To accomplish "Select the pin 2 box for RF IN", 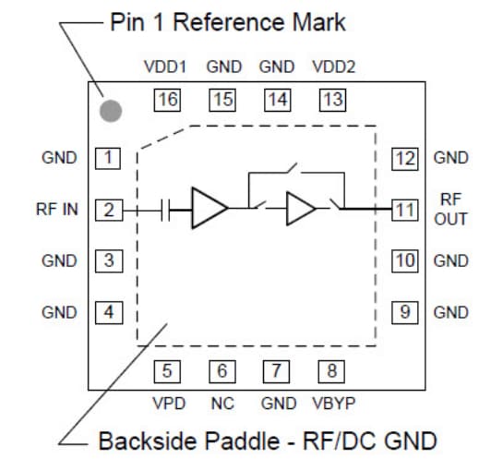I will click(x=109, y=210).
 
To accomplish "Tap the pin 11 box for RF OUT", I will click(x=404, y=210).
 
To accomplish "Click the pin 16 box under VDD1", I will click(x=167, y=100).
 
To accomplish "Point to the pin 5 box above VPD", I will click(x=167, y=371).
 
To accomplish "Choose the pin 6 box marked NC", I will click(x=222, y=371).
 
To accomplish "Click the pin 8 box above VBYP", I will click(x=332, y=371).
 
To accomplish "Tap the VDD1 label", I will click(x=166, y=67).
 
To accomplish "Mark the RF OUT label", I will click(x=451, y=210).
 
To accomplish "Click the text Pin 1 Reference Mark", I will click(x=228, y=22).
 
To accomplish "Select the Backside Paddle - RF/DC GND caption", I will click(x=268, y=441).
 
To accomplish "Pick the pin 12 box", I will click(x=404, y=158).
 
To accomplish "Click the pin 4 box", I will click(x=109, y=312).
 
